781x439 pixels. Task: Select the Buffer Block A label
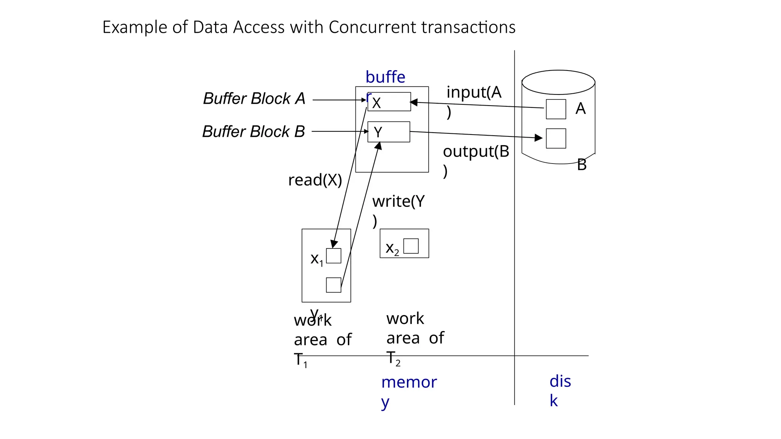(x=254, y=99)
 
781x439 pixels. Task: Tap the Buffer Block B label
(x=253, y=132)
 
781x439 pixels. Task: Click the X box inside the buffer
(x=389, y=102)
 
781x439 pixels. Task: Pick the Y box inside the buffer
(x=389, y=132)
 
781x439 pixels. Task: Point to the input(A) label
(x=473, y=93)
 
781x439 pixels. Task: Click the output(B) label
(x=476, y=152)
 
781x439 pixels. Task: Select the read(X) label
(x=315, y=180)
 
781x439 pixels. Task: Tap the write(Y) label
(x=398, y=202)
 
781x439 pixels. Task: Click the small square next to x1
(x=334, y=256)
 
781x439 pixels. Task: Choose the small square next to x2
(x=411, y=246)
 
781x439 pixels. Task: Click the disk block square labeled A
(x=556, y=109)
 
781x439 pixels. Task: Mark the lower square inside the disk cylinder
(x=556, y=138)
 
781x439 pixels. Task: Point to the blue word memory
(x=409, y=383)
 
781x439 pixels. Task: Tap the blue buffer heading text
(x=385, y=77)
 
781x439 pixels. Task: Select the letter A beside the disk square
(x=580, y=109)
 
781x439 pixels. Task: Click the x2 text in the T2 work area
(x=392, y=248)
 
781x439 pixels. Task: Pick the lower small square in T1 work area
(x=334, y=285)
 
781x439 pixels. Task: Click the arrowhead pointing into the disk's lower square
(x=539, y=138)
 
